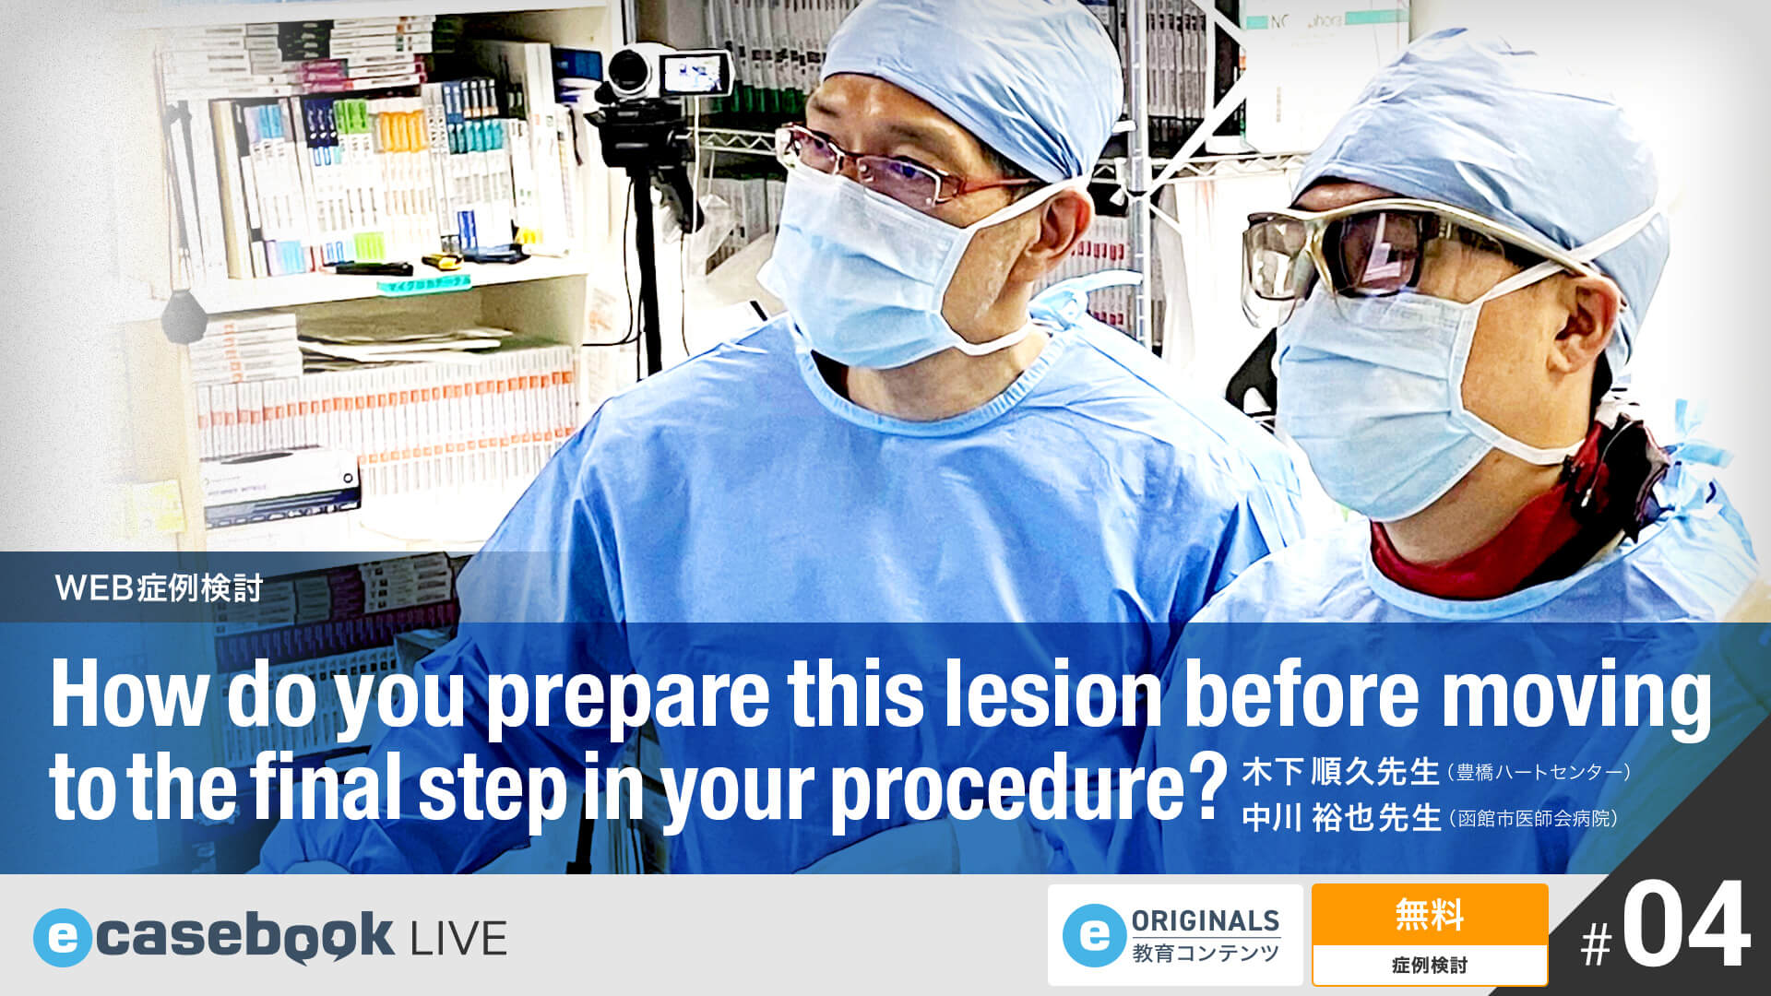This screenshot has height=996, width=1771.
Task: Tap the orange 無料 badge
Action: [x=1429, y=916]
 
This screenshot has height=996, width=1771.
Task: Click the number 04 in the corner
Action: [x=1685, y=927]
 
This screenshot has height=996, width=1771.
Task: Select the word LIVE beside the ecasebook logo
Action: [x=458, y=939]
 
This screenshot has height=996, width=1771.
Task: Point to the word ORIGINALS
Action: [x=1205, y=920]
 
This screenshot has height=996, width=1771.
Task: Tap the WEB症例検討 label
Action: [x=160, y=587]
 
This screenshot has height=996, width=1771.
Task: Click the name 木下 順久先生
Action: [x=1340, y=771]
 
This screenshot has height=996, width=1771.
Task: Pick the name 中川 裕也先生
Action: [x=1340, y=817]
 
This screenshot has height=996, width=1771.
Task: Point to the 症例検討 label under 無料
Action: [x=1429, y=966]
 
